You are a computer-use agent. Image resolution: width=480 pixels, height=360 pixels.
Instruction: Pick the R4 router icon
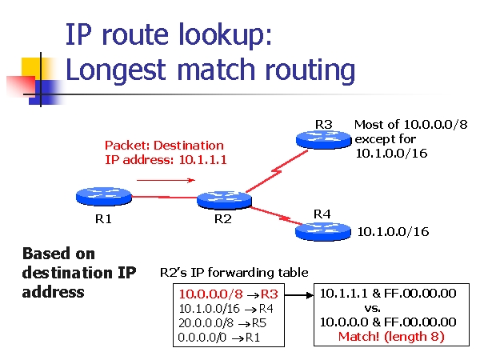(x=322, y=232)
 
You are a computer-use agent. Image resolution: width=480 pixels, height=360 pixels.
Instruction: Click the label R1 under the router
(x=102, y=218)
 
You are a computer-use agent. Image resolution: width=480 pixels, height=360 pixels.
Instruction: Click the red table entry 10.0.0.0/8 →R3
(x=228, y=294)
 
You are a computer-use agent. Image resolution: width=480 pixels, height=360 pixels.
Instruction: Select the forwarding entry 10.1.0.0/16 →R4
(x=226, y=308)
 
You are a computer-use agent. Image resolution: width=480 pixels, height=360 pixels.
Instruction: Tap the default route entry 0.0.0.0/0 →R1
(x=220, y=337)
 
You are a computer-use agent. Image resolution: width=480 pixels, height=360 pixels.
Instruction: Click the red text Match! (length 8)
(x=391, y=336)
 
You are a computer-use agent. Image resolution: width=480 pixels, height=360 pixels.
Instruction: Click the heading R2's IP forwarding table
(x=234, y=273)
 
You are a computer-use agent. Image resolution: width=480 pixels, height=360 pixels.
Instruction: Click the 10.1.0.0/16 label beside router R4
(x=393, y=232)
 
